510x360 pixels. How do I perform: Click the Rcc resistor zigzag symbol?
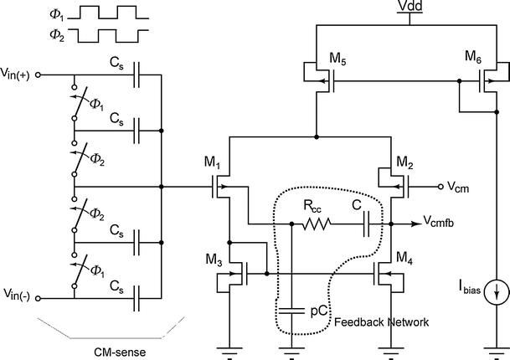tap(317, 224)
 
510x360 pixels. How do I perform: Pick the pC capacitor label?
tap(319, 310)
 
